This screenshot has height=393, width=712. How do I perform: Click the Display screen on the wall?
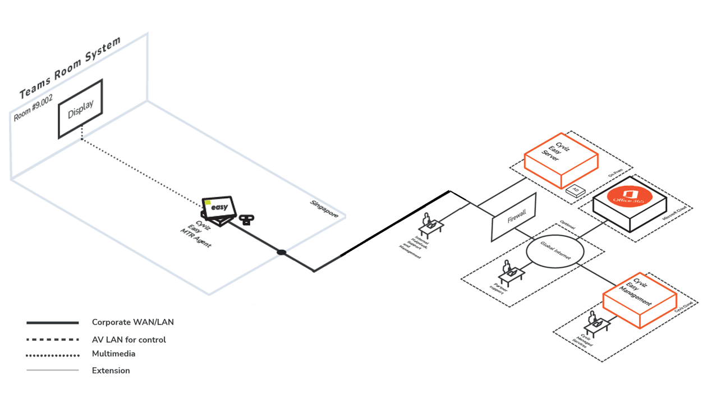click(x=81, y=109)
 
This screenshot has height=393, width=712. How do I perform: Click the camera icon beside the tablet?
click(x=245, y=219)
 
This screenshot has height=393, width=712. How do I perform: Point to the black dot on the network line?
click(x=282, y=253)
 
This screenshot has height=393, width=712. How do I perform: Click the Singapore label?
click(x=324, y=208)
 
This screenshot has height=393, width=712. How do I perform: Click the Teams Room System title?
click(x=70, y=68)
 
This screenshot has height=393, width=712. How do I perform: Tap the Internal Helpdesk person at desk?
click(x=429, y=223)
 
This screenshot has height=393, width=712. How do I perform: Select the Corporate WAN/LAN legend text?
click(x=133, y=322)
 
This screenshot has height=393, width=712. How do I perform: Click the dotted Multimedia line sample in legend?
click(x=53, y=355)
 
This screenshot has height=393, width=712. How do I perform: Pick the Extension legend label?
click(x=111, y=371)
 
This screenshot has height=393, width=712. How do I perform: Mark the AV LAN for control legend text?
click(x=129, y=340)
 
